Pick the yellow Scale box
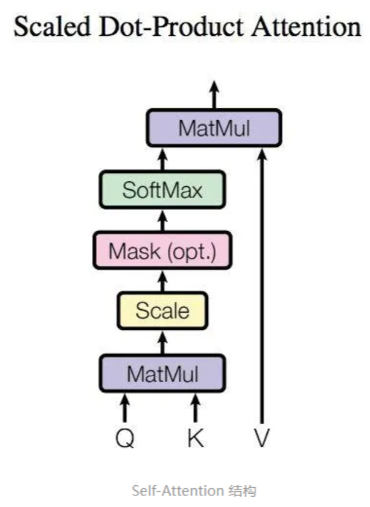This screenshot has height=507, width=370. [163, 310]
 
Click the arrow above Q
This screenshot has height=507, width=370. [126, 408]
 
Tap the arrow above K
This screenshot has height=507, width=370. [195, 408]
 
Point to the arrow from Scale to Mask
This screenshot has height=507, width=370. [163, 281]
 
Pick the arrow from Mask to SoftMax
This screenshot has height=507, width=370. [163, 220]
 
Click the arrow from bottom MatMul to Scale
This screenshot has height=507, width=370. [163, 341]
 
